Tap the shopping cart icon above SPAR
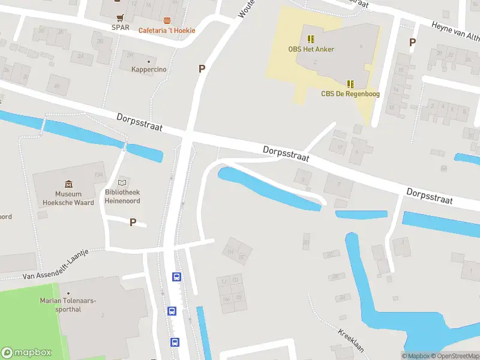(x=121, y=17)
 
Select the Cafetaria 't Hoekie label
(x=167, y=31)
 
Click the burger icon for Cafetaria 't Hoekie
(x=166, y=20)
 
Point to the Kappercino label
(x=149, y=70)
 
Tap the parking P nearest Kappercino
(x=202, y=69)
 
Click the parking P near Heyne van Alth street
(x=412, y=42)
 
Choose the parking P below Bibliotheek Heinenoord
(x=133, y=222)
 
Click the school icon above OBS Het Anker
(x=310, y=39)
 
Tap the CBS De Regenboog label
(x=350, y=94)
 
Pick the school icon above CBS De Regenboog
(x=350, y=83)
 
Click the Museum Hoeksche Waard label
(x=68, y=198)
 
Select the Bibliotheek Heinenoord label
(x=122, y=196)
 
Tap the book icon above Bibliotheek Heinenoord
(x=122, y=182)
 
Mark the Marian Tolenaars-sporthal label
(x=68, y=304)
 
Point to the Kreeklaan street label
(x=351, y=341)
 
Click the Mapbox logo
(x=26, y=353)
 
